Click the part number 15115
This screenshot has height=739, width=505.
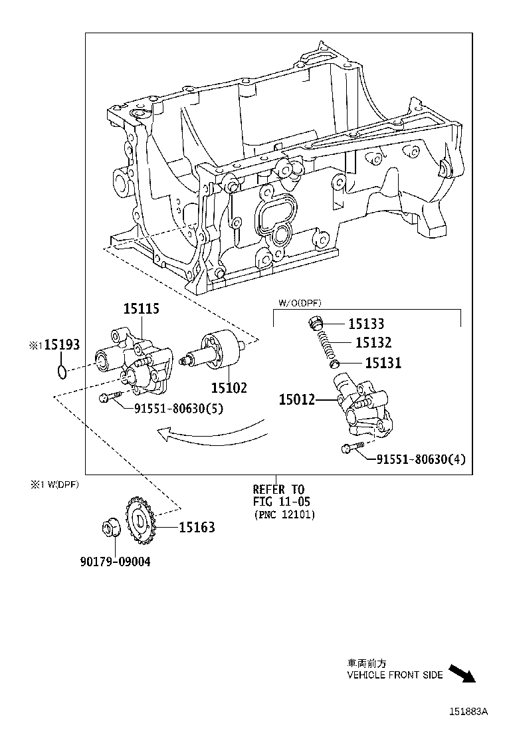(x=141, y=309)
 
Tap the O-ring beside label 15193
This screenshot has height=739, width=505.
(x=61, y=371)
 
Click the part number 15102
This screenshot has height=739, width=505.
(x=229, y=387)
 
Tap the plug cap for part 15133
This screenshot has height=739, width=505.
(x=316, y=324)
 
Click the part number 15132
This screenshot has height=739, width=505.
(x=373, y=343)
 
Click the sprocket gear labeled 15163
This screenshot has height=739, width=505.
(x=140, y=522)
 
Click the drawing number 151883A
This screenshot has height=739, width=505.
(x=468, y=711)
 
